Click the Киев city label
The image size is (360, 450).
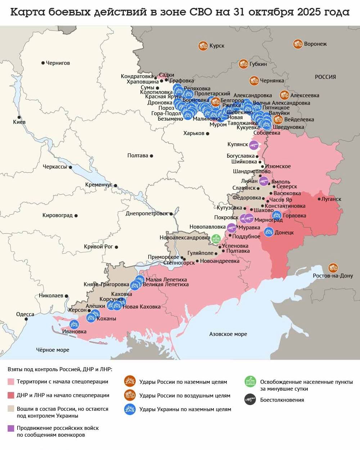tap(19, 122)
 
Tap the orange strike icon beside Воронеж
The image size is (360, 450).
tap(298, 44)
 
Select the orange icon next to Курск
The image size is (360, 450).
tap(203, 46)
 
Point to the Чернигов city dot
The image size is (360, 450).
tap(43, 63)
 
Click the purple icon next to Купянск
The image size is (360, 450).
tap(253, 145)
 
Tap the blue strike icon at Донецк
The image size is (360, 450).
tap(269, 232)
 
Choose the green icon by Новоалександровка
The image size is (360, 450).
tap(216, 238)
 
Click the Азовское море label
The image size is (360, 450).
tap(228, 334)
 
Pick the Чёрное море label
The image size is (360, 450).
tap(53, 350)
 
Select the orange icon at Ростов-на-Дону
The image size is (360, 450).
tap(333, 268)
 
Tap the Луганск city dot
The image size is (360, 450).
tap(319, 199)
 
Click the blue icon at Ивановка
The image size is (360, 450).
tap(74, 324)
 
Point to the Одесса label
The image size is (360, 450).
tap(25, 314)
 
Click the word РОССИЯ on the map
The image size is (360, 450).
tap(325, 77)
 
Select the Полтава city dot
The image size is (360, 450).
tap(152, 156)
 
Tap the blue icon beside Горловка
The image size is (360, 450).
tap(276, 215)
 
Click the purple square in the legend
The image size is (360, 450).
tap(11, 428)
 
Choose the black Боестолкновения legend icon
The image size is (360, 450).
tap(250, 400)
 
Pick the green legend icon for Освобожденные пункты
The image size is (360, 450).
tap(250, 382)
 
